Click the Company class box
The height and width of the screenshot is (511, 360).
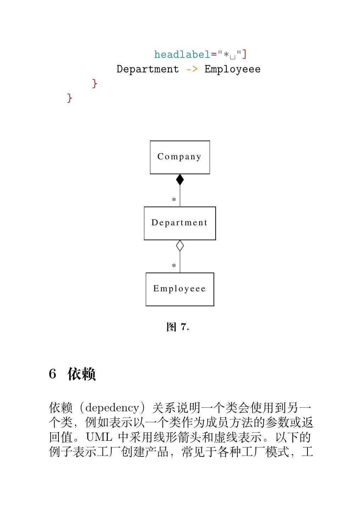pyautogui.click(x=180, y=157)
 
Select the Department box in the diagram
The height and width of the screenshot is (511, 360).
pyautogui.click(x=180, y=223)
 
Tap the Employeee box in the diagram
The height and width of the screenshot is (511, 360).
pyautogui.click(x=180, y=289)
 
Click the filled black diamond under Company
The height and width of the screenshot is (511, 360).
pyautogui.click(x=180, y=180)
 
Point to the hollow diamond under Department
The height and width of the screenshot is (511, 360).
pyautogui.click(x=180, y=246)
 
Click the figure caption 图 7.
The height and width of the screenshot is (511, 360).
pyautogui.click(x=178, y=327)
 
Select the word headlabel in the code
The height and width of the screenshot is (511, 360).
pyautogui.click(x=182, y=55)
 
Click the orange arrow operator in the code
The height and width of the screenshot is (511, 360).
pyautogui.click(x=192, y=69)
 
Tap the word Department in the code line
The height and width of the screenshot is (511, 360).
pyautogui.click(x=148, y=69)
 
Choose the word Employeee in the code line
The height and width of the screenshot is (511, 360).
pyautogui.click(x=232, y=69)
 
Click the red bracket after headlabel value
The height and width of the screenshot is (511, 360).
pyautogui.click(x=244, y=55)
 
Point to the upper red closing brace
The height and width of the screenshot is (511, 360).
pyautogui.click(x=94, y=84)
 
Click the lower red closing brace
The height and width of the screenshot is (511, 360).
pyautogui.click(x=70, y=98)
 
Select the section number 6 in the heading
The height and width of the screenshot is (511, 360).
pyautogui.click(x=52, y=374)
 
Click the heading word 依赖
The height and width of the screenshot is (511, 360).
pyautogui.click(x=82, y=374)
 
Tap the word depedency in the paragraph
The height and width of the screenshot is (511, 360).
pyautogui.click(x=112, y=408)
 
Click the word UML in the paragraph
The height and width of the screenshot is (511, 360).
pyautogui.click(x=99, y=437)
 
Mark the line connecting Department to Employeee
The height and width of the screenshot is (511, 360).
pyautogui.click(x=180, y=262)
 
